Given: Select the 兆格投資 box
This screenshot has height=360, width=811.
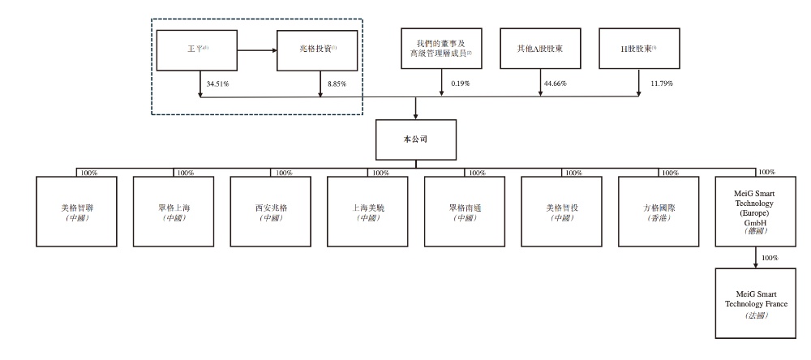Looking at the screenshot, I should pos(317,49).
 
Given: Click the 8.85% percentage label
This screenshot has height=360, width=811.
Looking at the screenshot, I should pos(337,84).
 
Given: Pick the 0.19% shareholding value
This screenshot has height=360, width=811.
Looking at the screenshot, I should pos(460,84).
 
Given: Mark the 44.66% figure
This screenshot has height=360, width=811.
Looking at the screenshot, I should pos(558,84).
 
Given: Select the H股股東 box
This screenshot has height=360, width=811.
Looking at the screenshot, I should pos(639,49).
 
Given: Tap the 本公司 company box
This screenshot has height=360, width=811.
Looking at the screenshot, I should pos(415,139).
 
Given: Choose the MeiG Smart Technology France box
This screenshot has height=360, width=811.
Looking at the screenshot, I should pos(754,304).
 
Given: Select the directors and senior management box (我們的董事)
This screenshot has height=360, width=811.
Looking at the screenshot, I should pos(441,49).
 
